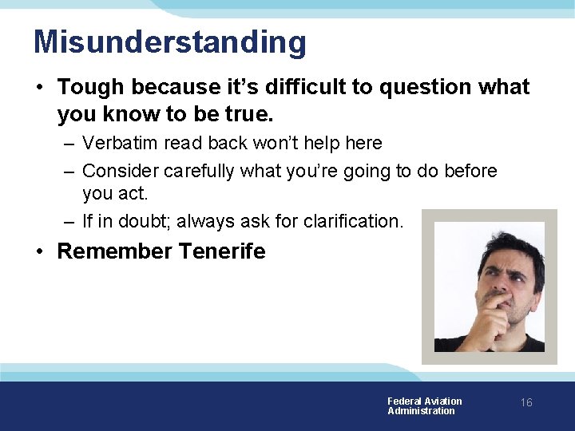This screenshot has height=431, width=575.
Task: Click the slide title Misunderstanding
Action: (x=169, y=42)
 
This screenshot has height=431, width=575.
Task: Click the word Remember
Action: (x=115, y=251)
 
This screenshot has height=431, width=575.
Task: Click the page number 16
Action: (x=526, y=403)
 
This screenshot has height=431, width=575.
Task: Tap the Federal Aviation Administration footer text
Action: (x=424, y=406)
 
